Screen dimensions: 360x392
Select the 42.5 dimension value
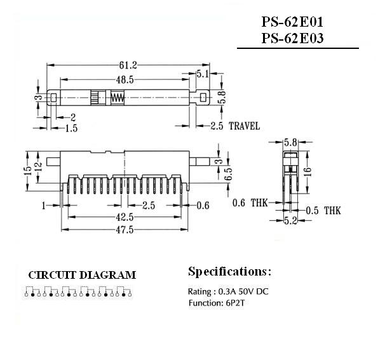125,218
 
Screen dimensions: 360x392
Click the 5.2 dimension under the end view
290,222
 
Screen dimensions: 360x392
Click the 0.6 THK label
248,203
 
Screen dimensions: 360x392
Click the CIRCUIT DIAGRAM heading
82,275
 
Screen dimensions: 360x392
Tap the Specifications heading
229,272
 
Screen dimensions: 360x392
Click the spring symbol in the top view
117,98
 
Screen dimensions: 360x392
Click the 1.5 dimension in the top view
72,129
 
